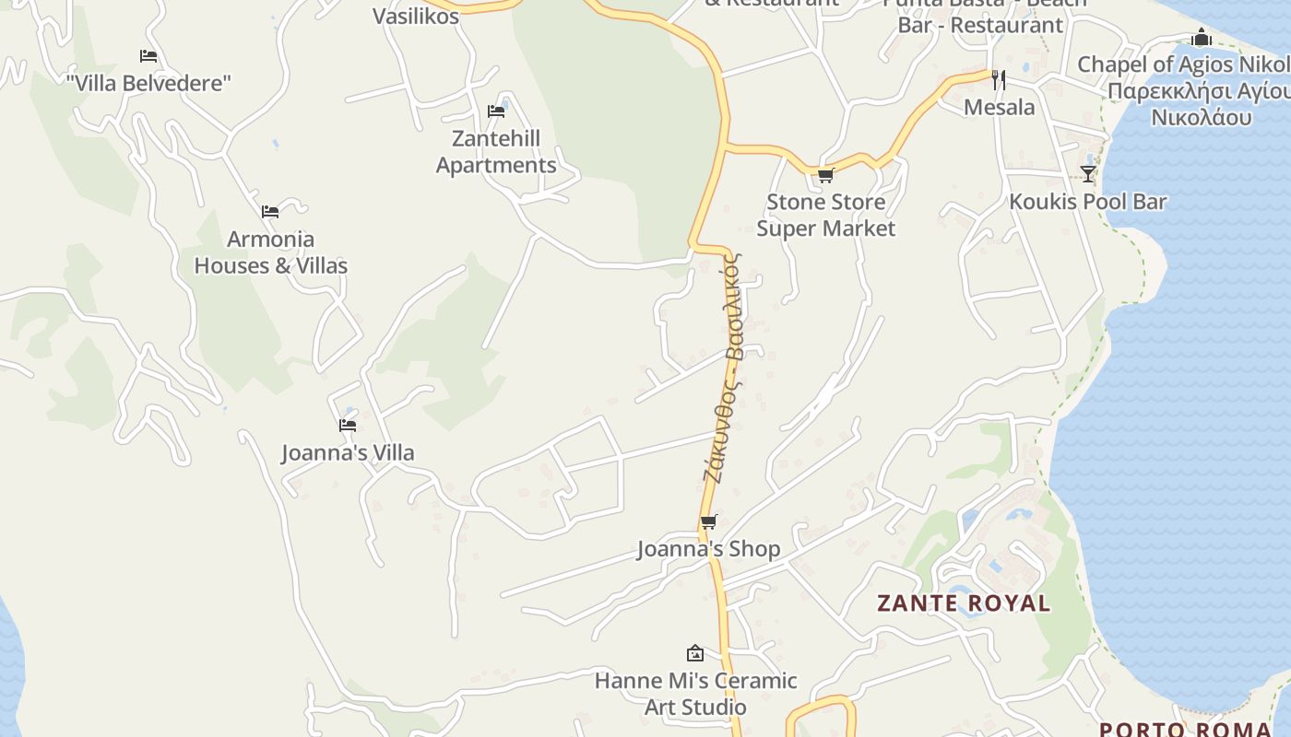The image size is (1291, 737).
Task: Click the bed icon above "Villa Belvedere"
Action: (148, 56)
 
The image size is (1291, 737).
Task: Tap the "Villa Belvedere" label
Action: (148, 83)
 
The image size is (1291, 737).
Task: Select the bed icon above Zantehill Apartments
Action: (496, 111)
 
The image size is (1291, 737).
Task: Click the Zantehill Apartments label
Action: (496, 152)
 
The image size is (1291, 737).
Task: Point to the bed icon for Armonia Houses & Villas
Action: (270, 212)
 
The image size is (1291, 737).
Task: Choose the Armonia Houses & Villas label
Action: (271, 252)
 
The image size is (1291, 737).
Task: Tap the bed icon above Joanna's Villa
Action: (348, 426)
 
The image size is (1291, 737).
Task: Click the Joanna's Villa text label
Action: (348, 452)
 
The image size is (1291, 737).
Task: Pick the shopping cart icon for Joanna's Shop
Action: (708, 522)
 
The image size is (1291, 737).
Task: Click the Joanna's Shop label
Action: (708, 549)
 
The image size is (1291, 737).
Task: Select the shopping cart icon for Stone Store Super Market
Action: (825, 175)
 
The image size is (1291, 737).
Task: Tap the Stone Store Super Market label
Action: (825, 215)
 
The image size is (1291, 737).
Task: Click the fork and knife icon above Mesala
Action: (998, 80)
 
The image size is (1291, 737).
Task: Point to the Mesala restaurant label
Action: (999, 108)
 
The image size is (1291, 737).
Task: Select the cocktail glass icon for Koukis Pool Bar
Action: (1088, 174)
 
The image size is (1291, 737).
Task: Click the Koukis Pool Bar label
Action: (1088, 202)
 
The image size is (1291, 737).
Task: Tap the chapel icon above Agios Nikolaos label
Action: (1202, 38)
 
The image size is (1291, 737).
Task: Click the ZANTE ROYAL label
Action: (964, 603)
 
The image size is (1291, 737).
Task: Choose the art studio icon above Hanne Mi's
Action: (695, 653)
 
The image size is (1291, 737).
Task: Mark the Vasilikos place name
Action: (415, 16)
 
